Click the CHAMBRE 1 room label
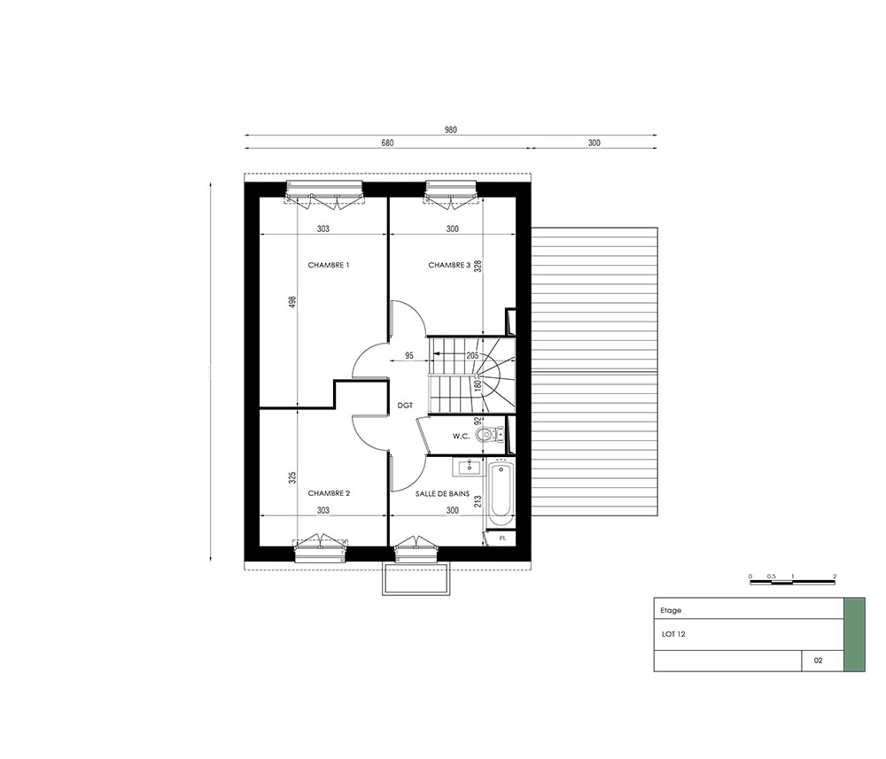pos(329,265)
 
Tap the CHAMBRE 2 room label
pos(329,493)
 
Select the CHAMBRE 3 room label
pos(449,265)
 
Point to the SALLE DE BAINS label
pos(442,493)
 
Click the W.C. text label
pos(461,436)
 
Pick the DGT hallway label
pos(405,406)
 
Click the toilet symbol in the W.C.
pos(489,434)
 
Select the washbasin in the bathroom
pos(467,467)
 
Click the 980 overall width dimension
pos(450,130)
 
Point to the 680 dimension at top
pos(387,143)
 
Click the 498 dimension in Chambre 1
pos(291,303)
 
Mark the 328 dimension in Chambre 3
pos(478,267)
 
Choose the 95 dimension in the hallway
pos(409,356)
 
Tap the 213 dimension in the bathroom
pos(478,501)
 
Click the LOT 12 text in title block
pos(673,634)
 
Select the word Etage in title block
pos(671,610)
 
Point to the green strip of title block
pos(854,634)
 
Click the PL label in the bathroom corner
pos(503,538)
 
